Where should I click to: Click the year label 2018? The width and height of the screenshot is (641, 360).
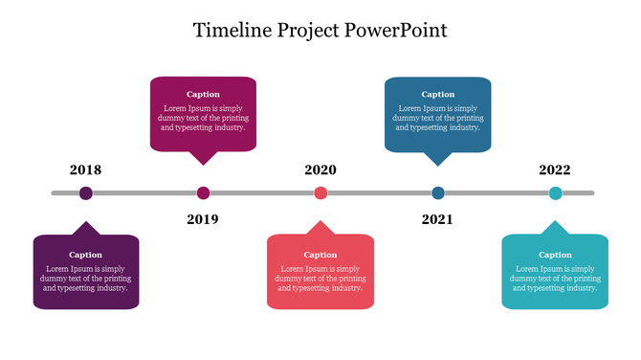pyautogui.click(x=85, y=170)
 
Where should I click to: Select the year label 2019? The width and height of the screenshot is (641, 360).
pyautogui.click(x=203, y=219)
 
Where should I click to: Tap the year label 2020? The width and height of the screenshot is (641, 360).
pyautogui.click(x=320, y=170)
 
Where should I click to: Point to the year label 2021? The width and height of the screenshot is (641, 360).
pyautogui.click(x=437, y=219)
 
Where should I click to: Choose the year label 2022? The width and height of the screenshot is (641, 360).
pyautogui.click(x=555, y=170)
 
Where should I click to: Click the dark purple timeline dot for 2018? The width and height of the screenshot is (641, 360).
pyautogui.click(x=86, y=193)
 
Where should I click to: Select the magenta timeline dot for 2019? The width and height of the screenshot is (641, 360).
pyautogui.click(x=203, y=193)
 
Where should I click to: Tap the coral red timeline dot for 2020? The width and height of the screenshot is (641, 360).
pyautogui.click(x=320, y=193)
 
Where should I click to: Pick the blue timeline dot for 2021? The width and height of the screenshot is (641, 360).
pyautogui.click(x=438, y=193)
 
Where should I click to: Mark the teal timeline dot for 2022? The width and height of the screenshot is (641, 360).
pyautogui.click(x=555, y=193)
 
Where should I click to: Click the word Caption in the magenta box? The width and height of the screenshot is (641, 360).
pyautogui.click(x=203, y=94)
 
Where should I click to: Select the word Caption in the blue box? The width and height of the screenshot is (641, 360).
pyautogui.click(x=438, y=94)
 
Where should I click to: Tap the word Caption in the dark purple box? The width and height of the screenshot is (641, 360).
pyautogui.click(x=86, y=255)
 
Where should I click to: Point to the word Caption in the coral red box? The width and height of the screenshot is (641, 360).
pyautogui.click(x=320, y=255)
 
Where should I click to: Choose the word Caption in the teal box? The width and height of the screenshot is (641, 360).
pyautogui.click(x=555, y=255)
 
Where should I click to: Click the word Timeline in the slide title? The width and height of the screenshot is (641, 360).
pyautogui.click(x=231, y=30)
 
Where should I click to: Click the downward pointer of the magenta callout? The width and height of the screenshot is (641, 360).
pyautogui.click(x=203, y=158)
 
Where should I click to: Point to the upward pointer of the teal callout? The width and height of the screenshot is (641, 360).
pyautogui.click(x=555, y=228)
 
